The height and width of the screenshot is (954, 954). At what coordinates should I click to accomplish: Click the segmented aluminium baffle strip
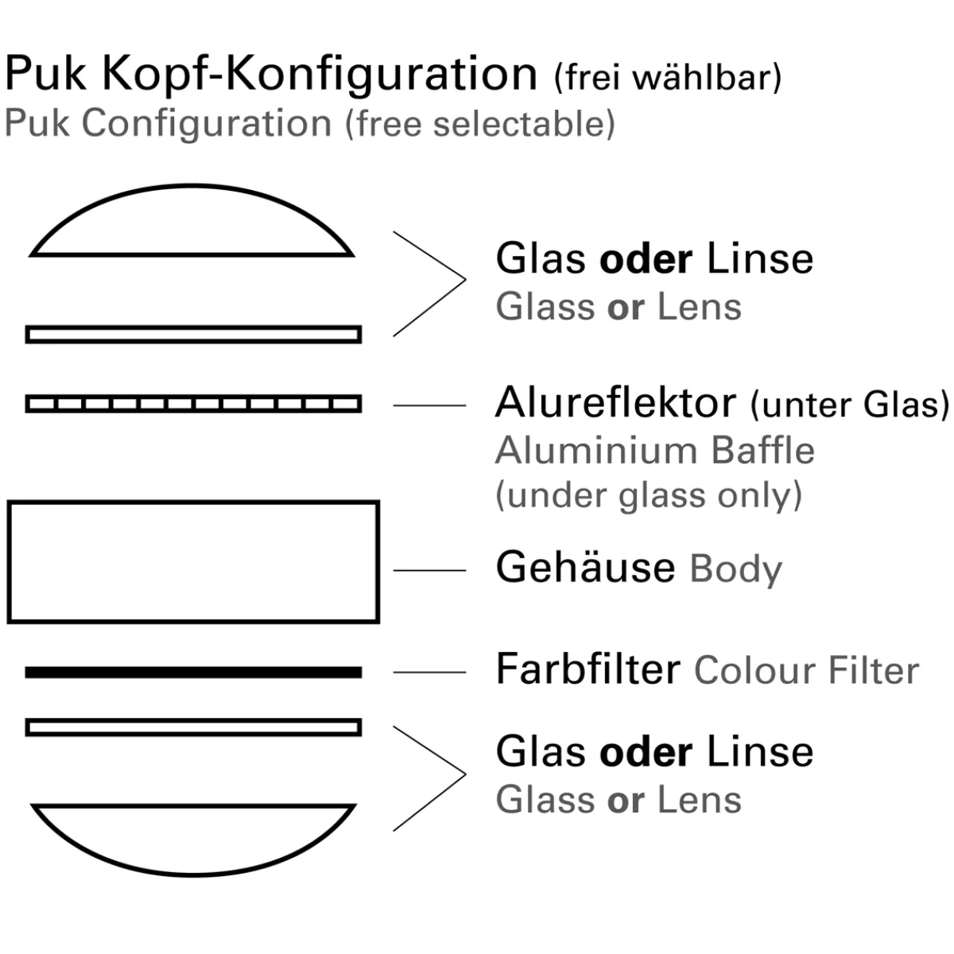(193, 404)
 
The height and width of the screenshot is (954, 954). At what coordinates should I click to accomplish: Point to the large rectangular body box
(193, 561)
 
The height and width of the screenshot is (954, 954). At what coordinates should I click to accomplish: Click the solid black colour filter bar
(193, 673)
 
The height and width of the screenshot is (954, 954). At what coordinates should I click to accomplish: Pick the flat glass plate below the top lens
(193, 334)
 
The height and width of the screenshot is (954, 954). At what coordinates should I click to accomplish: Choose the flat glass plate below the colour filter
(193, 727)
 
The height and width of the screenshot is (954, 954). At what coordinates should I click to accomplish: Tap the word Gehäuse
(585, 568)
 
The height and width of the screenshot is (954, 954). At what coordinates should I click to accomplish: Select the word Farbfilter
(588, 669)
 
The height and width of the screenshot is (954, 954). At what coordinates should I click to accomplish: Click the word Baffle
(763, 451)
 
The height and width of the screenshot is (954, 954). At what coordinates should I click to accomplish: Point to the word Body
(736, 569)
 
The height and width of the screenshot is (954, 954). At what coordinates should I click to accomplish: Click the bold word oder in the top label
(646, 259)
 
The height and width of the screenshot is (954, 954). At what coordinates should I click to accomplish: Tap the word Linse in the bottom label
(760, 752)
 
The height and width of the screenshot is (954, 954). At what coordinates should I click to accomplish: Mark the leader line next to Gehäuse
(429, 570)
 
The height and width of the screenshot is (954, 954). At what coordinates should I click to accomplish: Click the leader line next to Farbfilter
(429, 673)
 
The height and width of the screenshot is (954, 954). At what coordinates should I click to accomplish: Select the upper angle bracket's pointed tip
(464, 280)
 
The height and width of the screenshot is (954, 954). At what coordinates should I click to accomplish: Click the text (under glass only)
(649, 495)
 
